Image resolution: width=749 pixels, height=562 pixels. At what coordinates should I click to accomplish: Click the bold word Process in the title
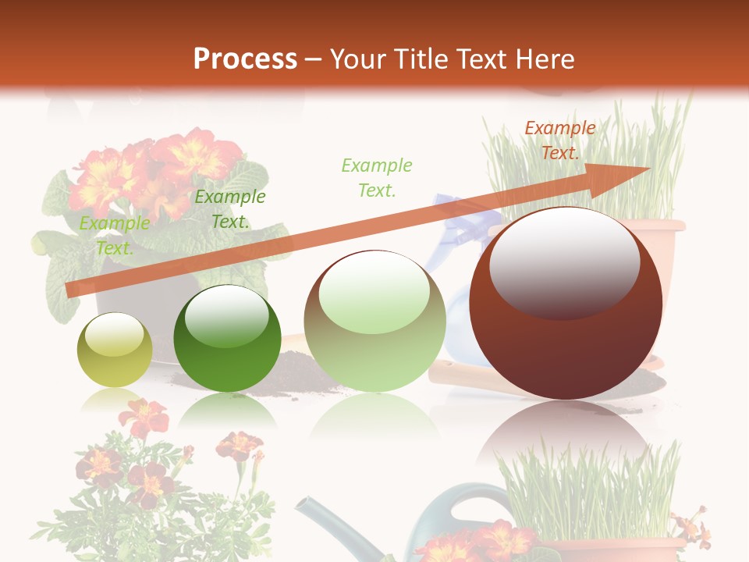point(245,59)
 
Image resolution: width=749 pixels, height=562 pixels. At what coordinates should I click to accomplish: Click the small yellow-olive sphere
point(115,350)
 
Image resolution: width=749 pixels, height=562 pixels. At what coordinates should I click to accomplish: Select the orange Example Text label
point(559,140)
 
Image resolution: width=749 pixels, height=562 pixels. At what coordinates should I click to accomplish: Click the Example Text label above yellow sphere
point(115,236)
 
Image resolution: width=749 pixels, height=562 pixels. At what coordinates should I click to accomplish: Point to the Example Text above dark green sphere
point(230,209)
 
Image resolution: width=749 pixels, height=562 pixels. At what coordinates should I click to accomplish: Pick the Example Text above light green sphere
point(377,177)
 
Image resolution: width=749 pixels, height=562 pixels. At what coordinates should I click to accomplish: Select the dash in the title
point(314,59)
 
